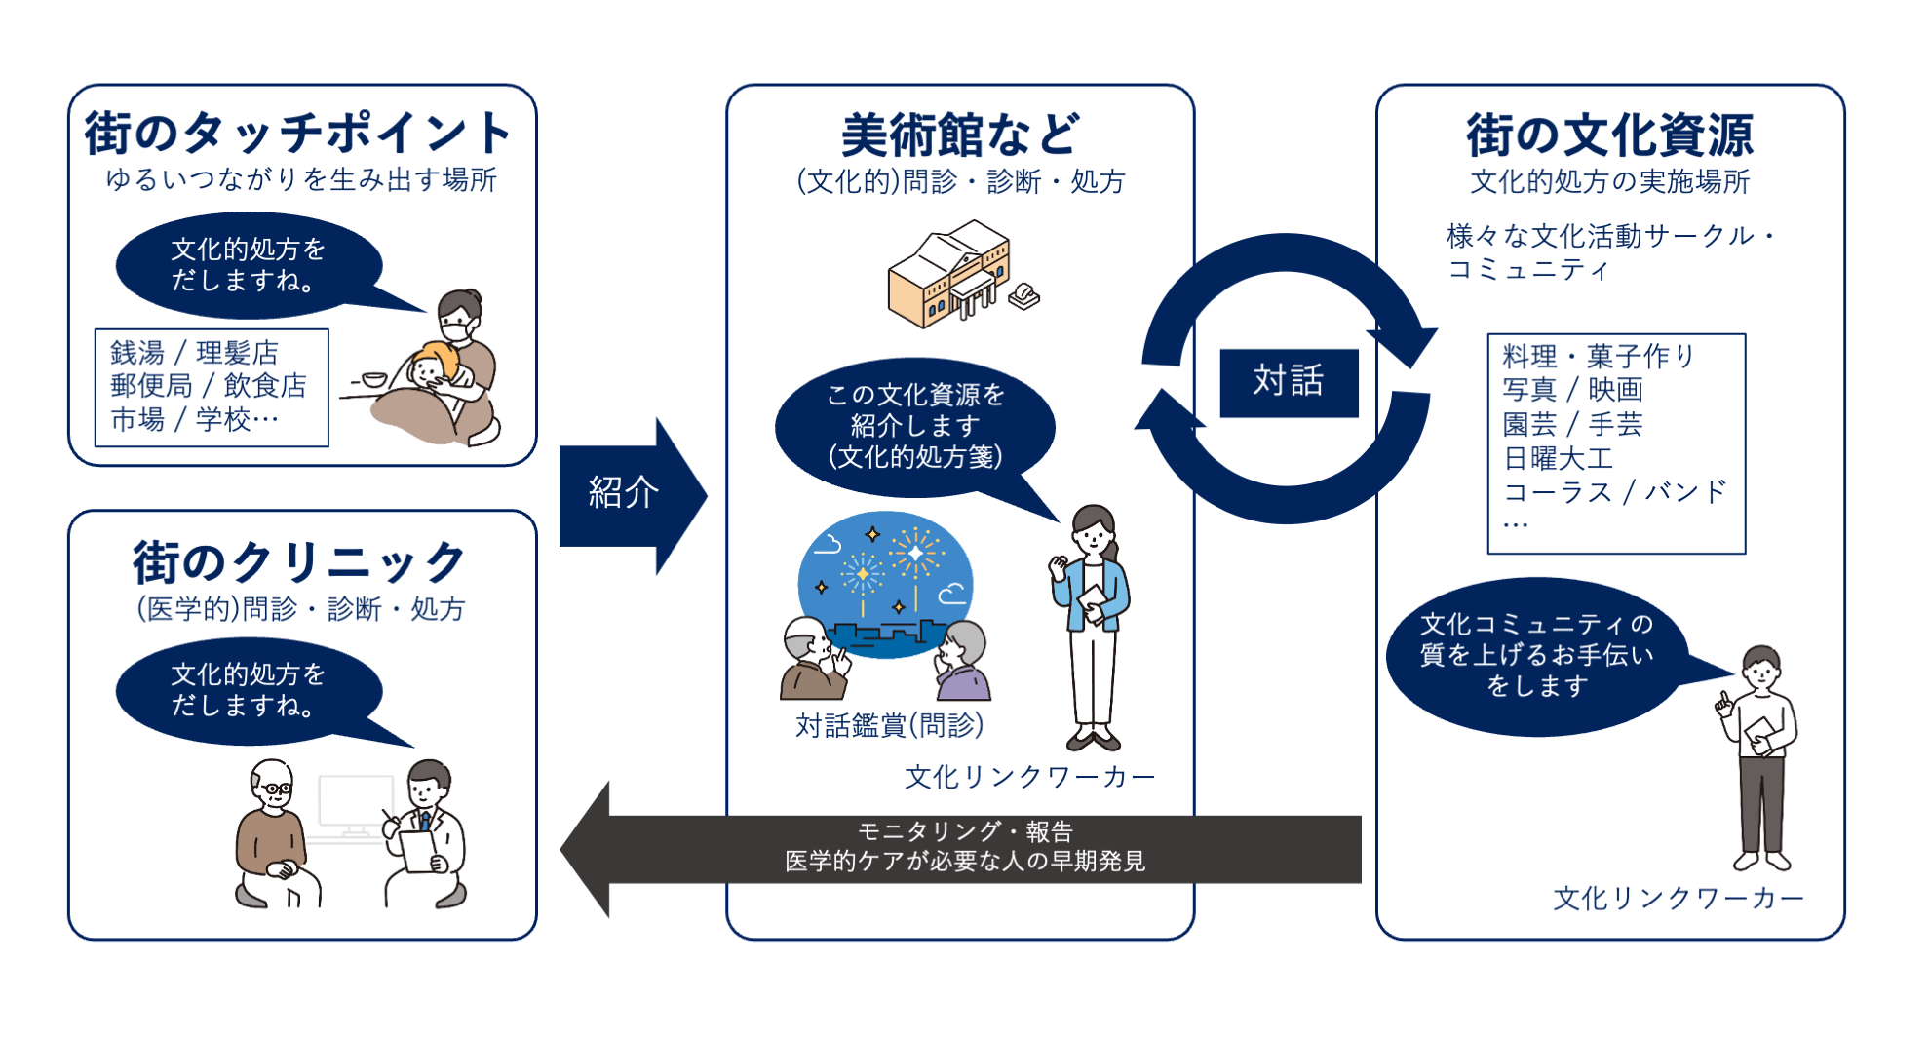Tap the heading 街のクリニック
[x=299, y=563]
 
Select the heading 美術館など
[x=960, y=135]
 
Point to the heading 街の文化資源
[x=1609, y=135]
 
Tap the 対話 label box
[x=1288, y=381]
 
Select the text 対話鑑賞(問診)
[x=889, y=725]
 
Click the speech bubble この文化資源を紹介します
[x=914, y=427]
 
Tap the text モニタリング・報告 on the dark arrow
[x=965, y=831]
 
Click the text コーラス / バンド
[x=1614, y=492]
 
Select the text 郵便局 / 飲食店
[x=208, y=386]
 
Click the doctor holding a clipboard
[x=426, y=833]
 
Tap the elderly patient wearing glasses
[x=273, y=833]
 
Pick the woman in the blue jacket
[x=1093, y=624]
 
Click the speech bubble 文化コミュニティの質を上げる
[x=1535, y=655]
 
